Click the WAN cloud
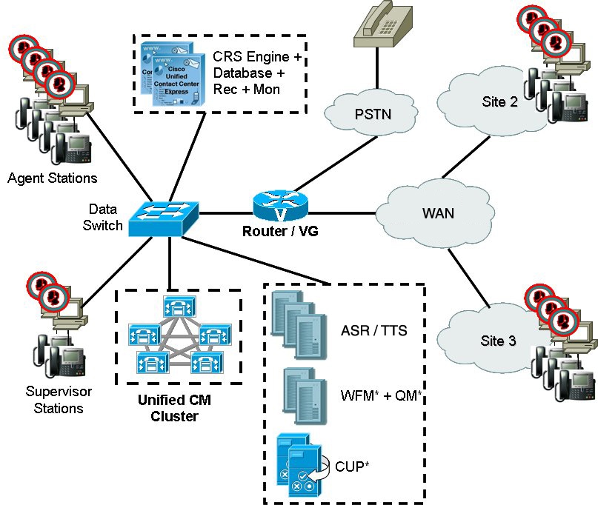[x=437, y=213]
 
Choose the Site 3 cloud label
[x=498, y=341]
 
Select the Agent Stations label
[x=52, y=178]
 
